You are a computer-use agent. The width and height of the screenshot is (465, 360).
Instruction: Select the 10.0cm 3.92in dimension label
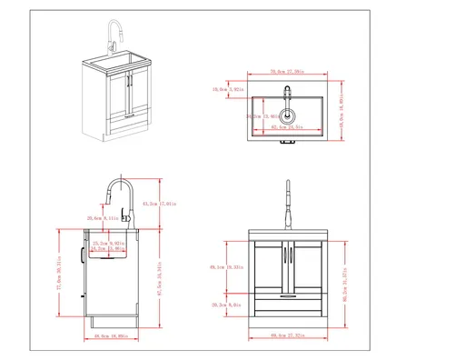click(x=224, y=89)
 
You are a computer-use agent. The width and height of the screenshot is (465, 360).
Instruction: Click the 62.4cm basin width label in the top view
click(x=287, y=127)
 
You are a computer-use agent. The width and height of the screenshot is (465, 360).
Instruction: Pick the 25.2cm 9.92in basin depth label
click(x=110, y=244)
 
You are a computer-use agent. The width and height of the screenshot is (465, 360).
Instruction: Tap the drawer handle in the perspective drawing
click(x=129, y=116)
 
